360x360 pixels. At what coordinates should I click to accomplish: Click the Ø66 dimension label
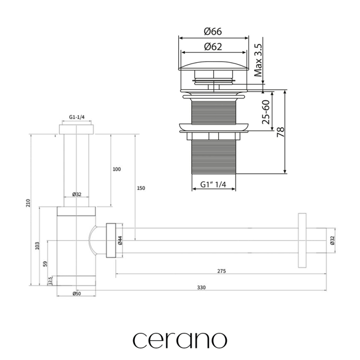213,31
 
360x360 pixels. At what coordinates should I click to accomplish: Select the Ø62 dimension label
213,46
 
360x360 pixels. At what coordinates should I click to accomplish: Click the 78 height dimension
280,132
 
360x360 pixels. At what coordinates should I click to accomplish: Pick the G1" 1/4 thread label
214,184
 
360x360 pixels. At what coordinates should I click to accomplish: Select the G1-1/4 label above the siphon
76,117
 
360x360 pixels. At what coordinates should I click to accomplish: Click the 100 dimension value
116,169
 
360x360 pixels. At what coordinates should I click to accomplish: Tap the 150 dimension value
140,188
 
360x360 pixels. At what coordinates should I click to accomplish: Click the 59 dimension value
45,263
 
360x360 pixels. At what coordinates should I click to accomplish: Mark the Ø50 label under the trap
76,294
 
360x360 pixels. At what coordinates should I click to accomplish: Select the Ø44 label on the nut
120,240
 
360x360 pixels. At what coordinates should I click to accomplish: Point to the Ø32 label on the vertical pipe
76,194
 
